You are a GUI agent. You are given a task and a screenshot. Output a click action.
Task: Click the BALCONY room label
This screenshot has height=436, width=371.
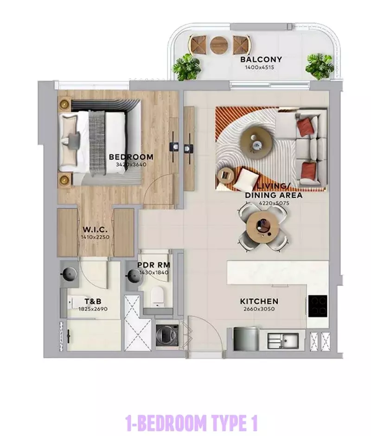261,60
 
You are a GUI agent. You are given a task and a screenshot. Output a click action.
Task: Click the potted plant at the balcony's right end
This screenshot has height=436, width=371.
319,65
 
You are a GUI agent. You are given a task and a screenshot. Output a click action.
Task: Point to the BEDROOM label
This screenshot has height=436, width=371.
131,157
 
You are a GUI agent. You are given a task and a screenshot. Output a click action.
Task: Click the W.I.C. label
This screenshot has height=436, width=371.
96,230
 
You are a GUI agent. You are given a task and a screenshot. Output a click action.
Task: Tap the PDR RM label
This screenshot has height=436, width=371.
154,265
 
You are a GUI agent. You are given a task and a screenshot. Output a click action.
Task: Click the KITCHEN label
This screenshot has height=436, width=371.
259,301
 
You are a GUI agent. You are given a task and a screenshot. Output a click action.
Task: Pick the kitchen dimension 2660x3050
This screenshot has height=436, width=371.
259,309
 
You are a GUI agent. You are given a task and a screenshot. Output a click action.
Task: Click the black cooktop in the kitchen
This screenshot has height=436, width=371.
318,305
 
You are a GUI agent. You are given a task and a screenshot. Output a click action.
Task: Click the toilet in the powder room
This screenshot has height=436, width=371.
158,295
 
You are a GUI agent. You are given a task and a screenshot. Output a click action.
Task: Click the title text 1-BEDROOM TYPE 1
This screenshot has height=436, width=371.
191,423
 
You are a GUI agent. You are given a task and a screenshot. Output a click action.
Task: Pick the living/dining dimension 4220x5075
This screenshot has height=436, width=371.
274,202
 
